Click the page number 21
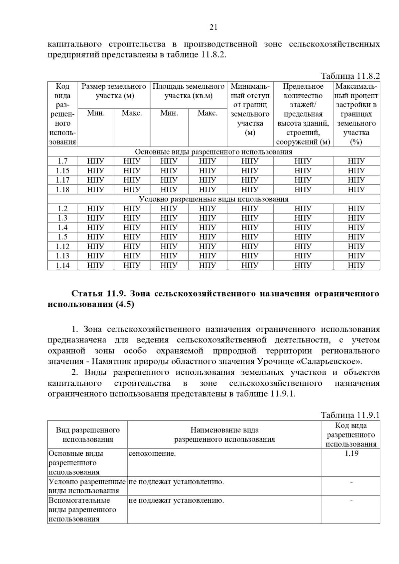(x=213, y=27)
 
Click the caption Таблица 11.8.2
(x=350, y=76)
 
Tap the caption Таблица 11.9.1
(x=350, y=415)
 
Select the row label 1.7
(x=63, y=161)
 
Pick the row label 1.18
(x=63, y=190)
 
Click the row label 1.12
(x=63, y=246)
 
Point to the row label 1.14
(x=63, y=265)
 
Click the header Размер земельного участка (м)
(x=114, y=91)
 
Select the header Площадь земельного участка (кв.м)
(x=188, y=91)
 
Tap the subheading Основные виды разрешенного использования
(x=213, y=152)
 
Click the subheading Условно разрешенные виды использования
(x=213, y=199)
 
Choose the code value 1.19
(x=351, y=454)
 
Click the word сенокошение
(x=152, y=454)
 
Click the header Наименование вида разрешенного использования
(x=224, y=435)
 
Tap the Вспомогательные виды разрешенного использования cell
(x=82, y=510)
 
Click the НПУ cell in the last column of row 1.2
(x=356, y=209)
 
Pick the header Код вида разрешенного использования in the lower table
(x=351, y=435)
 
